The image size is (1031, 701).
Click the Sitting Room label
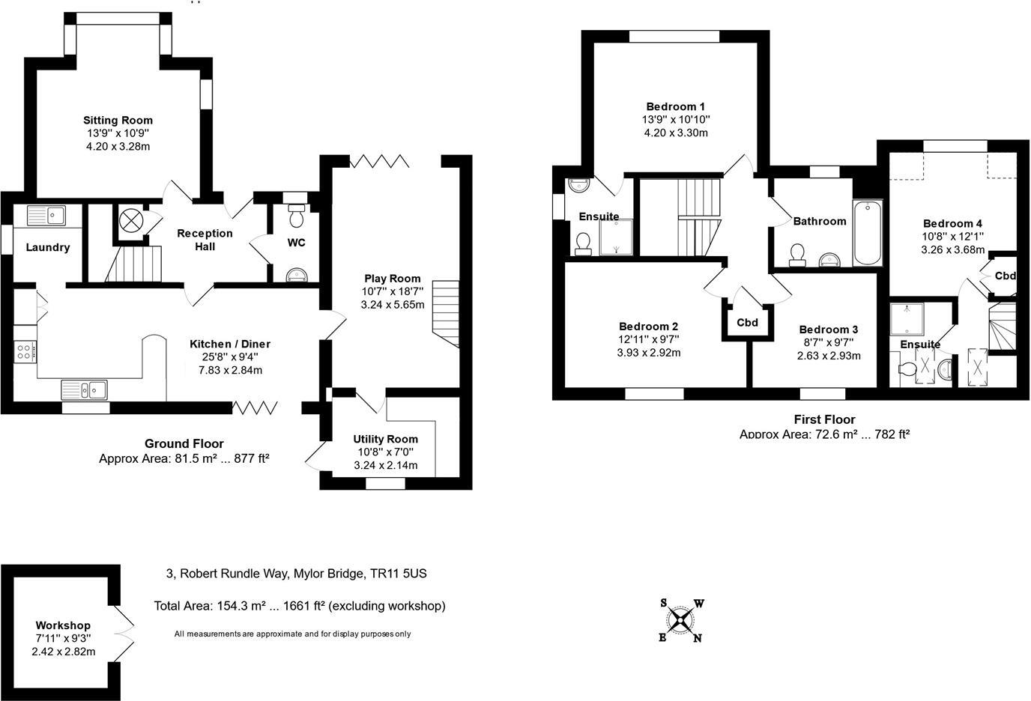(118, 121)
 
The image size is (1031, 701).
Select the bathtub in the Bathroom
(868, 233)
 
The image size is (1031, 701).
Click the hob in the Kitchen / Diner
(25, 352)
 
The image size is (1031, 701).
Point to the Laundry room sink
(46, 216)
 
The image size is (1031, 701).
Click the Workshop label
(63, 625)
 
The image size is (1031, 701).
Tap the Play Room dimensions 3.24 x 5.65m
(393, 305)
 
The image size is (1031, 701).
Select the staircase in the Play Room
(446, 314)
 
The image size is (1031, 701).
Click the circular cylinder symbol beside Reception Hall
(131, 221)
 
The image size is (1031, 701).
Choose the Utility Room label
(386, 440)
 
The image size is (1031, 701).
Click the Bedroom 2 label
(649, 327)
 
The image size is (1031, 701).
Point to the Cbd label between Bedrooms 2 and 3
(748, 323)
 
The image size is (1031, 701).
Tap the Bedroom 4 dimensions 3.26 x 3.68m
(953, 249)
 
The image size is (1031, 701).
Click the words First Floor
(824, 419)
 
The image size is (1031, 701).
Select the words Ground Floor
(184, 443)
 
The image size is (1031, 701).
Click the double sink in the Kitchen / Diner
(84, 390)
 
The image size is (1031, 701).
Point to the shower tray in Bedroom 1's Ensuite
(617, 237)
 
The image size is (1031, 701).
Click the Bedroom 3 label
(829, 330)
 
